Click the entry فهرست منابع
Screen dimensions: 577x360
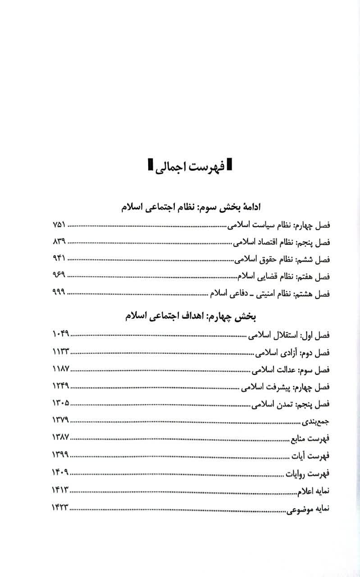point(310,438)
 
